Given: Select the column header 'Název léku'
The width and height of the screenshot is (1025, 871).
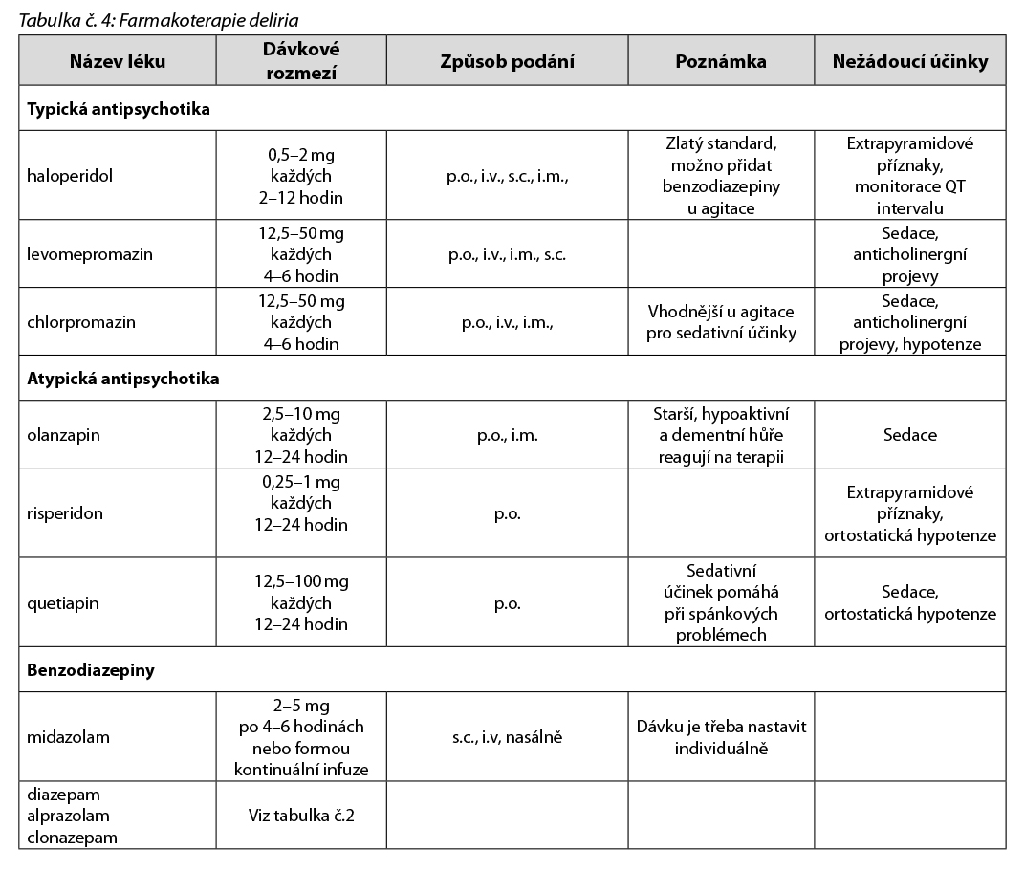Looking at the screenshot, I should tap(118, 61).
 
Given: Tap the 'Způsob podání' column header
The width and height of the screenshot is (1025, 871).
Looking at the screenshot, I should tap(507, 61).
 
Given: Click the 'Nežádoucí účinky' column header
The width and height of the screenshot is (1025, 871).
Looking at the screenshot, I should tap(909, 61).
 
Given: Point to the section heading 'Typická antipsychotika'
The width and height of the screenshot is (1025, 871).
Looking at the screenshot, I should tap(119, 109).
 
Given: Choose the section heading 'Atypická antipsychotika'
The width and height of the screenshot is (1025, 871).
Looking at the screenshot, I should tap(123, 379).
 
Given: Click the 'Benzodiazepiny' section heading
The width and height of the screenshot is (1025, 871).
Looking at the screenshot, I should tap(91, 670).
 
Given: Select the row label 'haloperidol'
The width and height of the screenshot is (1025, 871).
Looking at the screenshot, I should tap(67, 177).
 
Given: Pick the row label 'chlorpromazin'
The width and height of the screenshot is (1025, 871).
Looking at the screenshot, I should tap(81, 322).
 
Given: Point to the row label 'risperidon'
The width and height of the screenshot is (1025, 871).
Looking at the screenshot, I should tap(65, 513).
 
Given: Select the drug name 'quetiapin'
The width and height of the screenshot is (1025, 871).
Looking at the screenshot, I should tap(63, 603).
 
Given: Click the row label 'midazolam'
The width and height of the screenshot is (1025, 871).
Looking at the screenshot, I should tap(69, 737).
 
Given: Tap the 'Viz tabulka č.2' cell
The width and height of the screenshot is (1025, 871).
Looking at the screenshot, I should tap(301, 816).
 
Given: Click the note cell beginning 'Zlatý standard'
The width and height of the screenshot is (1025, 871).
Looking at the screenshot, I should tap(721, 176).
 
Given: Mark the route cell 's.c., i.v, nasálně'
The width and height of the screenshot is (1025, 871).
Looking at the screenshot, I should tap(507, 737).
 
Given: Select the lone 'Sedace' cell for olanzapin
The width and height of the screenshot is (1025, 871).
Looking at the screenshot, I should tap(909, 435).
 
